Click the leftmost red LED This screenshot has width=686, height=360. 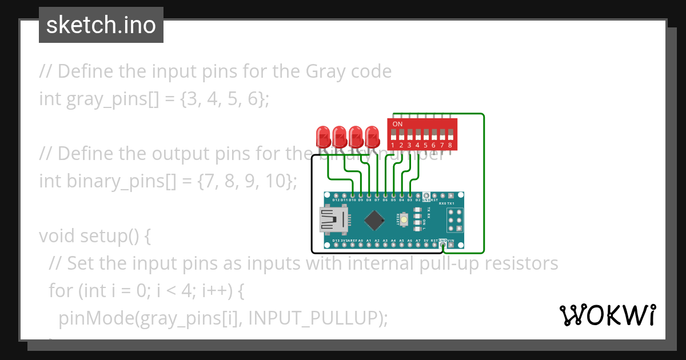pyautogui.click(x=323, y=137)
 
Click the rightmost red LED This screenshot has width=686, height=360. pyautogui.click(x=373, y=137)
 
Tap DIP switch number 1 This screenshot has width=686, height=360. pyautogui.click(x=393, y=135)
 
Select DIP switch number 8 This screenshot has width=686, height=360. pyautogui.click(x=450, y=135)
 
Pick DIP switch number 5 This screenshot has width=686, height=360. pyautogui.click(x=426, y=135)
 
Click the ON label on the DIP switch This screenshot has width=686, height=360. pyautogui.click(x=397, y=124)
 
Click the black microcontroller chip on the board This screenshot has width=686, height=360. pyautogui.click(x=374, y=219)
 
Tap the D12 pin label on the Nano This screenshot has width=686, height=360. pyautogui.click(x=336, y=200)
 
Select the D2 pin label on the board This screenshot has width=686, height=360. pyautogui.click(x=418, y=200)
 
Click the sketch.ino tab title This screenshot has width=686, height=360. pyautogui.click(x=101, y=25)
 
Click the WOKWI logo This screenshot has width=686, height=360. pyautogui.click(x=607, y=315)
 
